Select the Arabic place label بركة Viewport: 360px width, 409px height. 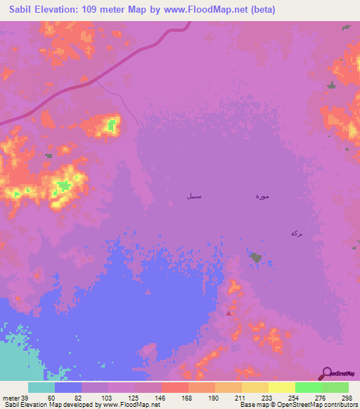[x=296, y=233]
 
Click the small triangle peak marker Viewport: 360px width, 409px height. [x=228, y=313]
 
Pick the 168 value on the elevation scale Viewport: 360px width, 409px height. [x=188, y=398]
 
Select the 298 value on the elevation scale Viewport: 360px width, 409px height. [x=347, y=398]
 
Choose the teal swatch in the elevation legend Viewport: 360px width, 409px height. [x=41, y=387]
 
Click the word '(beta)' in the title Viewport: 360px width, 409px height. [x=259, y=10]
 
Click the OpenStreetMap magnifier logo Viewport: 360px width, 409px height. [x=326, y=373]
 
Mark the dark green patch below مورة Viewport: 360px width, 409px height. [x=255, y=258]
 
